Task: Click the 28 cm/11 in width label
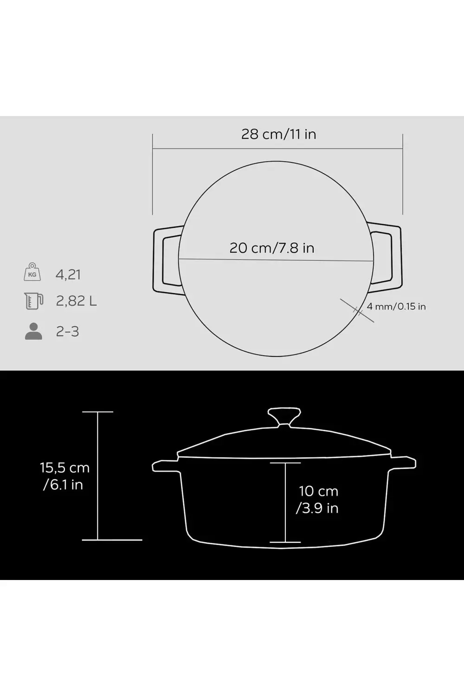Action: click(x=278, y=134)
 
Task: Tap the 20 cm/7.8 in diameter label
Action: click(x=272, y=248)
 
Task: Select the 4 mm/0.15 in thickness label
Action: click(x=396, y=306)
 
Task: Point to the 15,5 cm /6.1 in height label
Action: click(x=64, y=476)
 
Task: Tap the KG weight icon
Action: click(x=32, y=272)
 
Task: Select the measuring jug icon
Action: click(x=33, y=301)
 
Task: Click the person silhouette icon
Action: click(x=33, y=331)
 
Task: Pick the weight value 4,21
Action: click(x=68, y=275)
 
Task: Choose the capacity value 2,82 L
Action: click(x=77, y=301)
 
